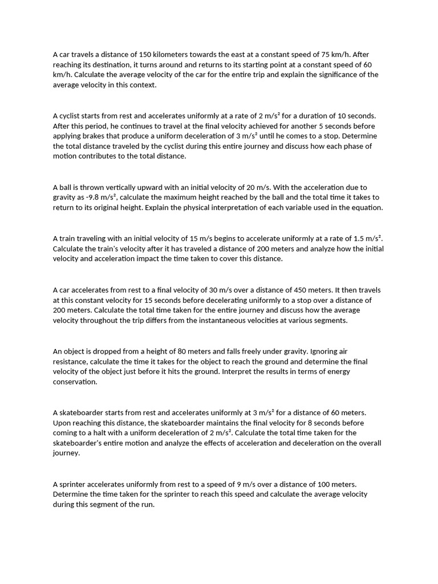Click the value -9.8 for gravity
pos(90,197)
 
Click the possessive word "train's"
pos(117,249)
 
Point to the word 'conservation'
pos(75,382)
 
